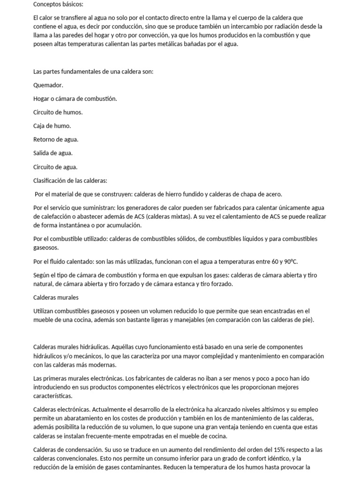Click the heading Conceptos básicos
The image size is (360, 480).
[58, 4]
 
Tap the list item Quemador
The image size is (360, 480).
[48, 85]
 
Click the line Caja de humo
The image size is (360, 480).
[52, 126]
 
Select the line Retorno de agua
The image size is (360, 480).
[56, 140]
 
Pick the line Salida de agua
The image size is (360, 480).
[53, 153]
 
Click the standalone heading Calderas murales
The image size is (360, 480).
[56, 298]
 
